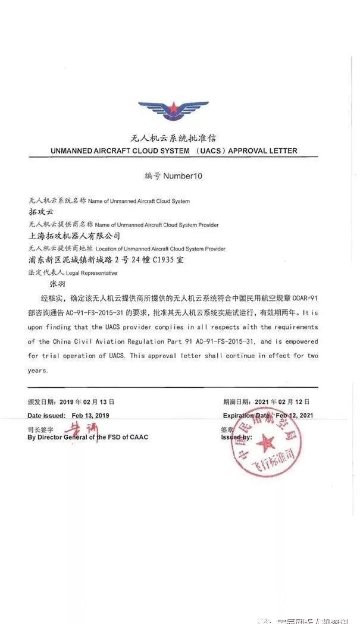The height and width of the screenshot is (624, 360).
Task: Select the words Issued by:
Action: pyautogui.click(x=236, y=437)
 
